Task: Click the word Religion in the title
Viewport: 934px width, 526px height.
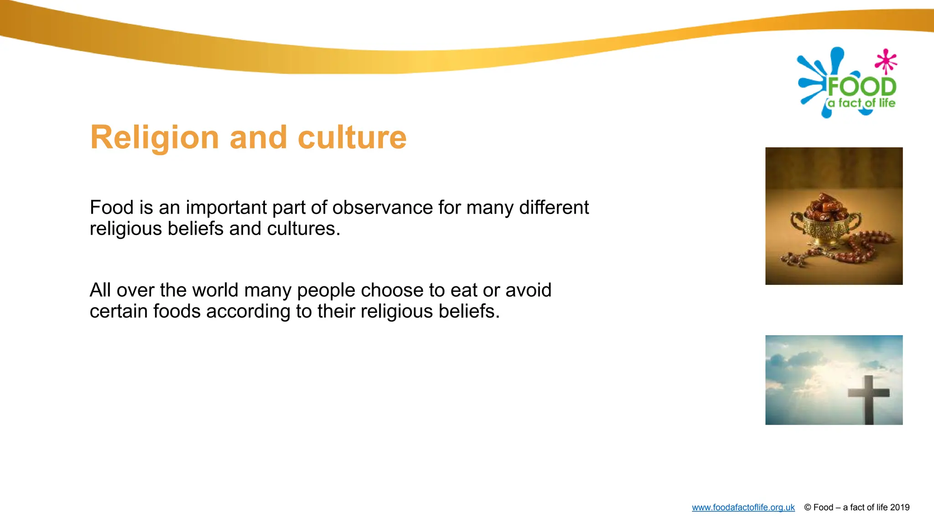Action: pyautogui.click(x=154, y=137)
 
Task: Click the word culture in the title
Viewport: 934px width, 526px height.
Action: pyautogui.click(x=352, y=137)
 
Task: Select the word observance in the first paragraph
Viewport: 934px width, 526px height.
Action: pyautogui.click(x=382, y=208)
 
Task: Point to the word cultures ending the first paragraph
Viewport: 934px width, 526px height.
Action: pyautogui.click(x=303, y=229)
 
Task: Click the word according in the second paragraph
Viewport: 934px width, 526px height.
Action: pyautogui.click(x=248, y=311)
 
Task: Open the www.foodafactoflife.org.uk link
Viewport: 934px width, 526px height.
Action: pyautogui.click(x=743, y=507)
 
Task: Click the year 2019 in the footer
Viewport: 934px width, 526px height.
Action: pyautogui.click(x=899, y=507)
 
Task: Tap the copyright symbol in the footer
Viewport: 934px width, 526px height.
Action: pyautogui.click(x=807, y=507)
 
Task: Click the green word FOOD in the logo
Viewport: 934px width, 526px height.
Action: pyautogui.click(x=861, y=87)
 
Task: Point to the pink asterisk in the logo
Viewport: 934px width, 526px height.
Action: pyautogui.click(x=886, y=61)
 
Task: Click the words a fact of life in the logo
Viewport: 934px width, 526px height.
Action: pyautogui.click(x=861, y=103)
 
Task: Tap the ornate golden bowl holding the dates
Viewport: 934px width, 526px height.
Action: pyautogui.click(x=826, y=231)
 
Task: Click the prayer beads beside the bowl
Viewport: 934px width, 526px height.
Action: pyautogui.click(x=857, y=249)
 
